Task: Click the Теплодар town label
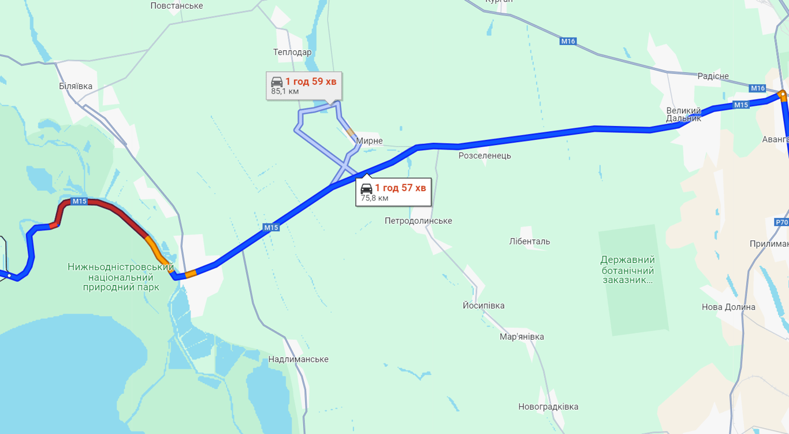pos(292,53)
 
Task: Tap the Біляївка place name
pos(76,86)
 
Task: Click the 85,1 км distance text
pos(285,91)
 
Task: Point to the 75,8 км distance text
pos(374,198)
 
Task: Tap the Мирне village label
pos(369,141)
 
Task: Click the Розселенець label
pos(485,155)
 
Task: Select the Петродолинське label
pos(418,221)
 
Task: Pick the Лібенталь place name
pos(530,242)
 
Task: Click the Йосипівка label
pos(483,306)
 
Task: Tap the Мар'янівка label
pos(522,337)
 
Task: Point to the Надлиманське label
pos(298,359)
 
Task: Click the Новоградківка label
pos(548,407)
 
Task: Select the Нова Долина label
pos(728,307)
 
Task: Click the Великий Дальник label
pos(683,114)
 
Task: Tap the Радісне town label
pos(713,76)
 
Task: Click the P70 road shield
pos(781,222)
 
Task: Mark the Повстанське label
pos(177,6)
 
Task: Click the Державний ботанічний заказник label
pos(627,270)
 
